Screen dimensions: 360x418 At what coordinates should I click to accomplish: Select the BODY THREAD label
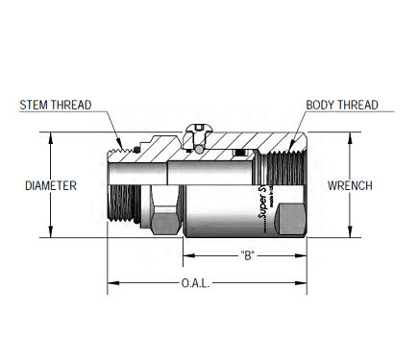[x=341, y=105]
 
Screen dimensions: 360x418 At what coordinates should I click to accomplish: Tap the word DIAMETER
[x=50, y=184]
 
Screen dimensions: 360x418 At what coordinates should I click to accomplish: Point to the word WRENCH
[x=349, y=184]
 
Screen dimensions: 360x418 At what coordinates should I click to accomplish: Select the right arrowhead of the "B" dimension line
[x=308, y=256]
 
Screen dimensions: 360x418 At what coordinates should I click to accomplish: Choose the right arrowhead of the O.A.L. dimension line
[x=308, y=283]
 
